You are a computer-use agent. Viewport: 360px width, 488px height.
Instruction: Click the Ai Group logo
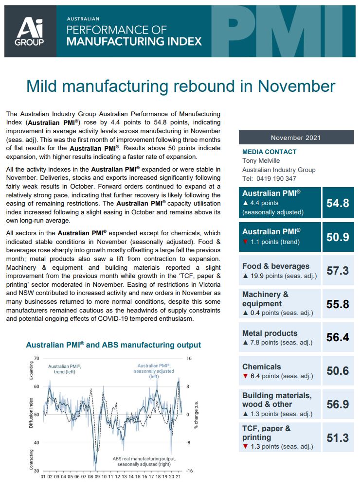(30, 31)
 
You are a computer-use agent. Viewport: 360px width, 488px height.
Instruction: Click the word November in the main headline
(297, 86)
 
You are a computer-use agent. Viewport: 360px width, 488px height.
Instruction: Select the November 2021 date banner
(296, 138)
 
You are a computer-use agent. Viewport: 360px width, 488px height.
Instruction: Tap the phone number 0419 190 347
(276, 178)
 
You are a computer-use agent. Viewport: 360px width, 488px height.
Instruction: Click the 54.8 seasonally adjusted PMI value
(337, 203)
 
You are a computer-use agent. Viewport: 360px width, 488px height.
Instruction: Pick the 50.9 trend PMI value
(337, 237)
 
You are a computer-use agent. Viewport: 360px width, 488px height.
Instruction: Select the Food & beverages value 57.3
(337, 271)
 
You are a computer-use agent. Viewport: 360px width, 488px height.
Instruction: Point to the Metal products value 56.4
(337, 337)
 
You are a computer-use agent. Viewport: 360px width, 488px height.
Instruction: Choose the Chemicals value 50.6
(337, 371)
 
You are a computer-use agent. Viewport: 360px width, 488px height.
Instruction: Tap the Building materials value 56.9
(337, 404)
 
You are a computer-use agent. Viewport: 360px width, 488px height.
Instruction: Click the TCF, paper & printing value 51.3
(337, 437)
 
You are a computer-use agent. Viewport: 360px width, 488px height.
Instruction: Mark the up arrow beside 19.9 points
(245, 276)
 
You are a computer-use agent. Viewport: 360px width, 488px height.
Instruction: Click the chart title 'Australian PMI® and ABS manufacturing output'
(113, 345)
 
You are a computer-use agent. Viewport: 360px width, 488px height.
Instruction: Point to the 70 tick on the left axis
(36, 358)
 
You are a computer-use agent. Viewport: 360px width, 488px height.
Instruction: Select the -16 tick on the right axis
(190, 471)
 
